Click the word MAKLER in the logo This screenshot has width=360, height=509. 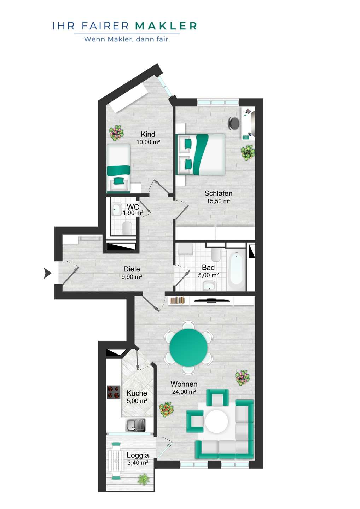click(166, 26)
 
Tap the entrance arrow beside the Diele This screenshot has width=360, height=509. click(47, 273)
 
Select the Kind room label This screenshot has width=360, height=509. click(148, 134)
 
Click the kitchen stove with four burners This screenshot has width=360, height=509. click(114, 392)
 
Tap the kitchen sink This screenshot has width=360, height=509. click(135, 425)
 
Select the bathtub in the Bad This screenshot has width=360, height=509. click(236, 269)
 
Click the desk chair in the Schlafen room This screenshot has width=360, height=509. click(234, 123)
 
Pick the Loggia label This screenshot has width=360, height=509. click(138, 455)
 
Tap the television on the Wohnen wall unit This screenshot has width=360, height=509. click(211, 300)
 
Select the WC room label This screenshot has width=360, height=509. click(133, 207)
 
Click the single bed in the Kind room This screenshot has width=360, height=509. click(118, 168)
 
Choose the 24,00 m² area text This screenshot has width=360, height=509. click(184, 392)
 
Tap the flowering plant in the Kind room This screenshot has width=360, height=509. click(116, 133)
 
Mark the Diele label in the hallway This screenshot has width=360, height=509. click(132, 269)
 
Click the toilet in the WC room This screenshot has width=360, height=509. click(127, 228)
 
